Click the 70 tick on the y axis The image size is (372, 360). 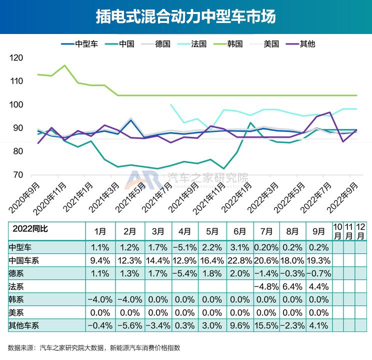(x=18, y=174)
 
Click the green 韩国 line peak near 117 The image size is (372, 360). (x=64, y=65)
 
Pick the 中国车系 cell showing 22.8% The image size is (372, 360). (x=239, y=260)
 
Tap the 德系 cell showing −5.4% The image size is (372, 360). (x=184, y=273)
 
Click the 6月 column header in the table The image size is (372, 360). (x=239, y=231)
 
